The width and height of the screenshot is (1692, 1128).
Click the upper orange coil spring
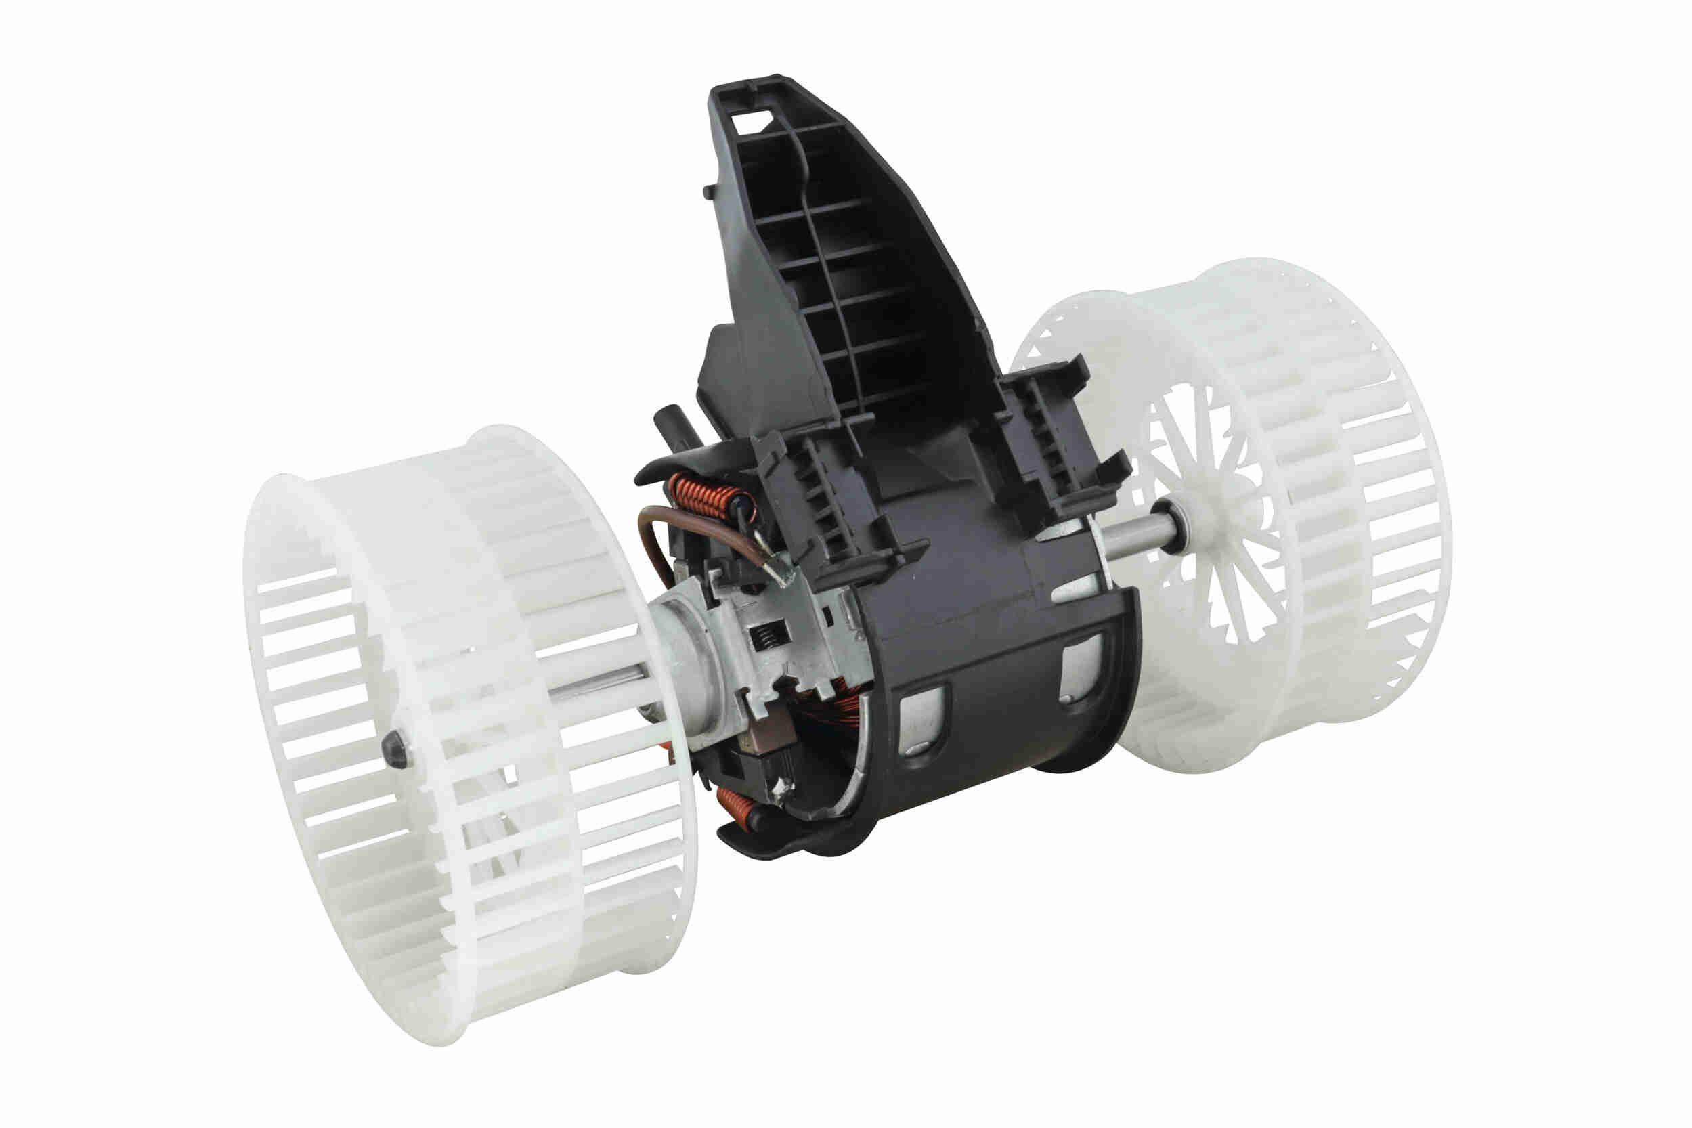click(x=712, y=496)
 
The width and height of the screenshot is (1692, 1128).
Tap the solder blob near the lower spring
click(x=781, y=791)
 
